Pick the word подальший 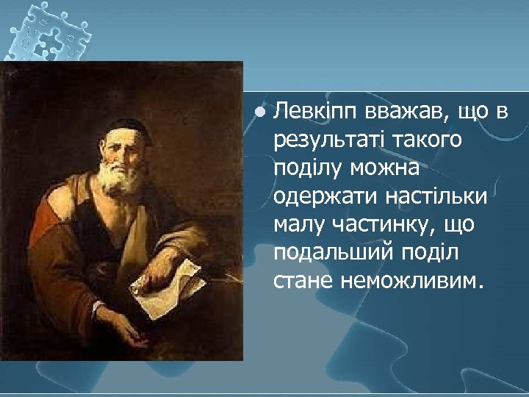pos(328,254)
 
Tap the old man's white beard pos(122,180)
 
